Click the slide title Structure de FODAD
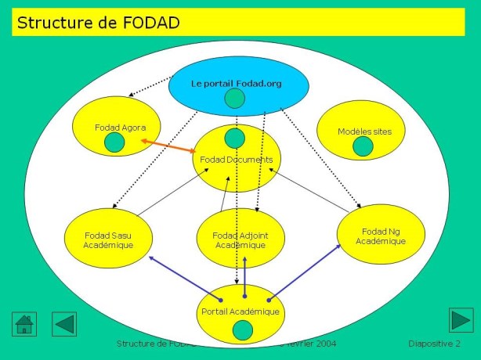[99, 23]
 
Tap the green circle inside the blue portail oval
[235, 99]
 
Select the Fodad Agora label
[115, 127]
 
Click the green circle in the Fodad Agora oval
[114, 142]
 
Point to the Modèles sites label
[364, 131]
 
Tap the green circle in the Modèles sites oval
[363, 146]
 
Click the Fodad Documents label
[236, 160]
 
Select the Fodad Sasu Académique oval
[110, 239]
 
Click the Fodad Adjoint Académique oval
[240, 239]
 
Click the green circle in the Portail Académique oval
[243, 330]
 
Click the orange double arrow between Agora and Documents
[168, 146]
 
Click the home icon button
[25, 322]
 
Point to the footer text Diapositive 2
[434, 344]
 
